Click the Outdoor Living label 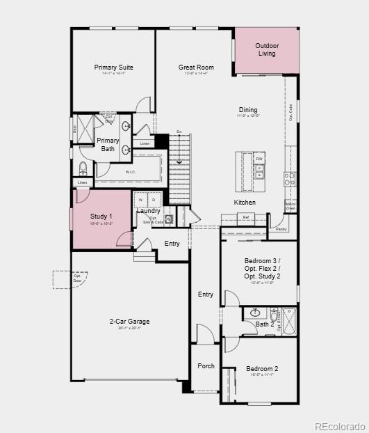267,49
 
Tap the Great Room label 196,68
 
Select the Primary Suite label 114,68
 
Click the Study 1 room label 101,216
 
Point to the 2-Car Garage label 129,322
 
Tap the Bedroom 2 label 262,369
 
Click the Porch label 206,365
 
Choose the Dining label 248,110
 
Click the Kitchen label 245,203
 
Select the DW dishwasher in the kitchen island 259,159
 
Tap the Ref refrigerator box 246,218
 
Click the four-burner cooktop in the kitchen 289,179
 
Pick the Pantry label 281,229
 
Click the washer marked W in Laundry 140,200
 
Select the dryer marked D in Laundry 154,200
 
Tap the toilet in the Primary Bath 83,168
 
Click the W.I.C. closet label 130,171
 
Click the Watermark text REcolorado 340,426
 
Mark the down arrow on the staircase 179,162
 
